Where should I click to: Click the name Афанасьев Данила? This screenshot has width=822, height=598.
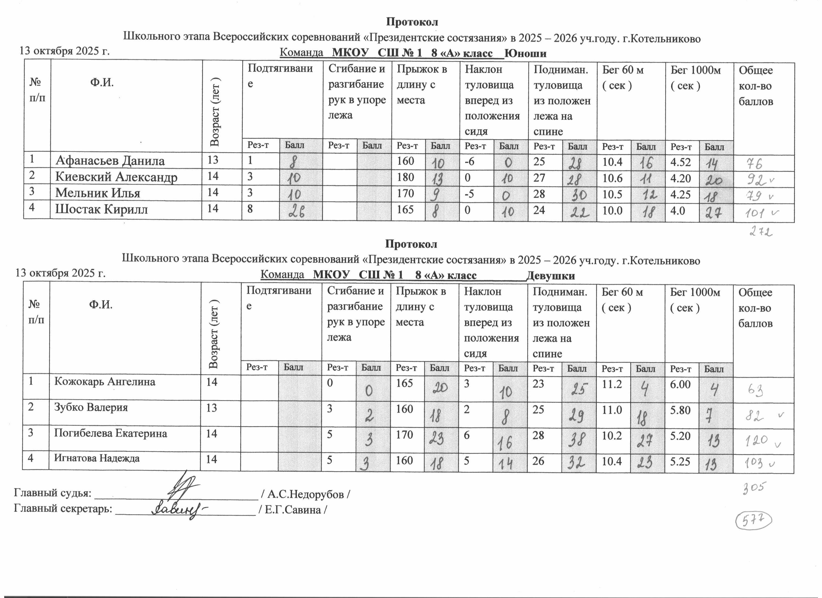coord(110,161)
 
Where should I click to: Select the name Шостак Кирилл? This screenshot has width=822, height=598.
coord(101,210)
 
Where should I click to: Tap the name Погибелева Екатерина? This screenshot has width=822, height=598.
coord(111,433)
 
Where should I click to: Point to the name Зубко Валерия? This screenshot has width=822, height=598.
coord(91,407)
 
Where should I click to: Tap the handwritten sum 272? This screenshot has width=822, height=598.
coord(759,231)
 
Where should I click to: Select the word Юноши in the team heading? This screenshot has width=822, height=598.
coord(526,54)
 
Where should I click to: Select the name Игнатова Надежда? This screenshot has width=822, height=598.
coord(97,458)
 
